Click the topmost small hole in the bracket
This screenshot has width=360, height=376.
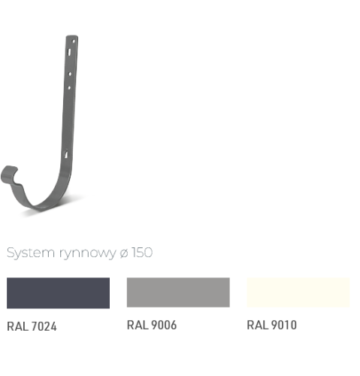[74, 41]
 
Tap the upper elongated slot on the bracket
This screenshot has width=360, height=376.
[69, 52]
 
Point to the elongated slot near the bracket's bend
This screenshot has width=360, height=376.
[66, 154]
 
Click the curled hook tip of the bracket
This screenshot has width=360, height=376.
[9, 174]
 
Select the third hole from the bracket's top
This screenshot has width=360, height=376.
[70, 74]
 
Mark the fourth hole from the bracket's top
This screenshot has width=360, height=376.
[69, 88]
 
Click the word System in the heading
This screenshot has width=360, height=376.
[31, 253]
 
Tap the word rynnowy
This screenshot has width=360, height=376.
[88, 253]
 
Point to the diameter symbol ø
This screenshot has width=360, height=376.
[124, 253]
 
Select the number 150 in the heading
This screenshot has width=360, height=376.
[142, 253]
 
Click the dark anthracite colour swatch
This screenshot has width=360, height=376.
[58, 293]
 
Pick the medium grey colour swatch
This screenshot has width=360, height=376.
[178, 293]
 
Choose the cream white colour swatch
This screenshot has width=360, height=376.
[298, 293]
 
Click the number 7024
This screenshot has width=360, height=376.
[44, 326]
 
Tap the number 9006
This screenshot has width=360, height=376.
[164, 325]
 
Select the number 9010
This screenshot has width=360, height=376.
[284, 325]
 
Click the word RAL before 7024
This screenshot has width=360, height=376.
[18, 326]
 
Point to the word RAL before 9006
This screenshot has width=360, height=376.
[138, 325]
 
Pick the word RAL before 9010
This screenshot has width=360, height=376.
[258, 325]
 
